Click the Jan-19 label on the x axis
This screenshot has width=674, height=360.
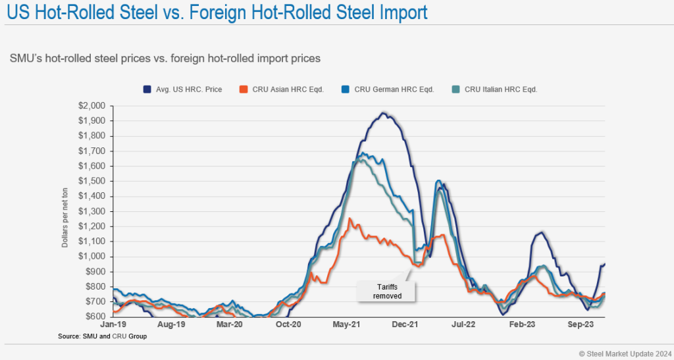point(113,324)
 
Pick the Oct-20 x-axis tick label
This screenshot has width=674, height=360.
point(289,324)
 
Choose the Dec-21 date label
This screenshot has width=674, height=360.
point(407,324)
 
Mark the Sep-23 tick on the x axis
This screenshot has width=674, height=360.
point(583,324)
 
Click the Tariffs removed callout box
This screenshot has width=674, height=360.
point(387,292)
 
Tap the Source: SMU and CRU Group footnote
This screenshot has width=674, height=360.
point(103,336)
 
